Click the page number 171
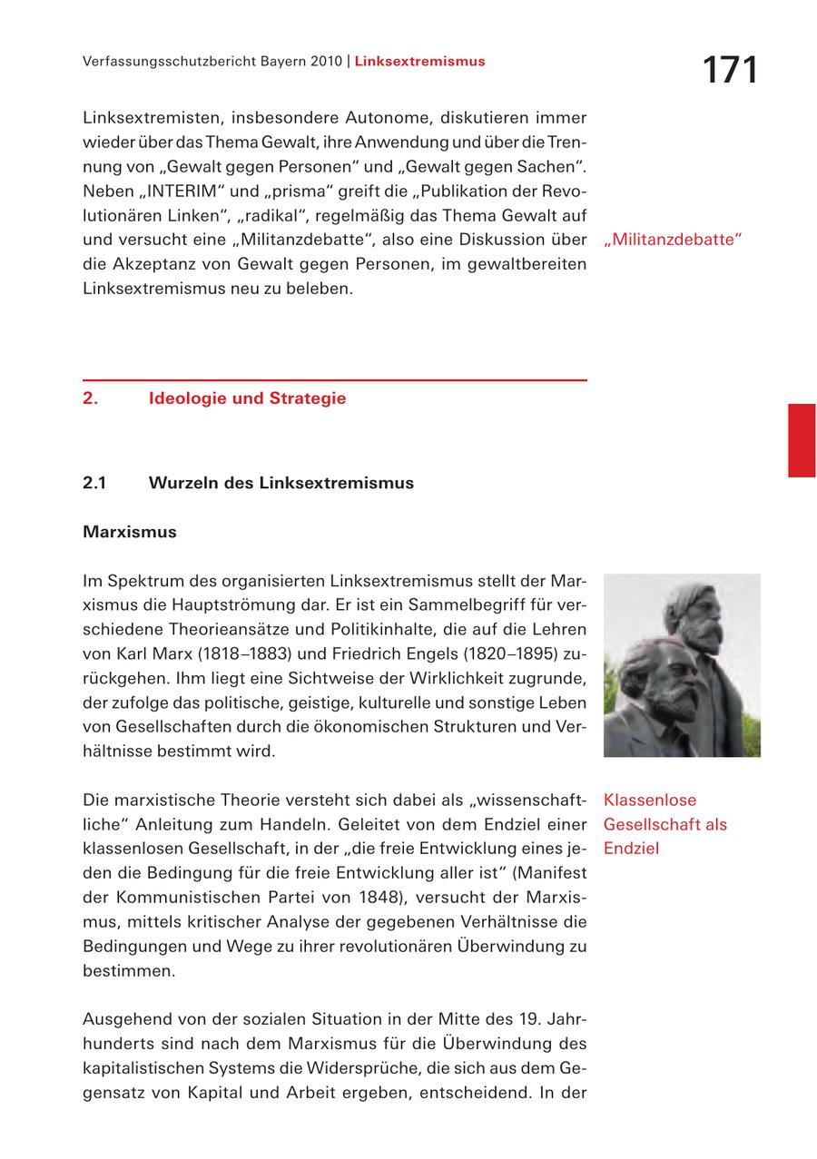tap(730, 71)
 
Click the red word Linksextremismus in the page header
tap(419, 62)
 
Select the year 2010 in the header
tap(324, 62)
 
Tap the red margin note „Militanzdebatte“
tap(673, 241)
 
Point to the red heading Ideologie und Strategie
tap(247, 398)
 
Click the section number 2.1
tap(94, 483)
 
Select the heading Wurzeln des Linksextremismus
tap(281, 483)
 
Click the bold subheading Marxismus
tap(129, 532)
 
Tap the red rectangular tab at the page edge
tap(801, 440)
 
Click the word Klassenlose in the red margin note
tap(650, 800)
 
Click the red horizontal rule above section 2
tap(334, 379)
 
